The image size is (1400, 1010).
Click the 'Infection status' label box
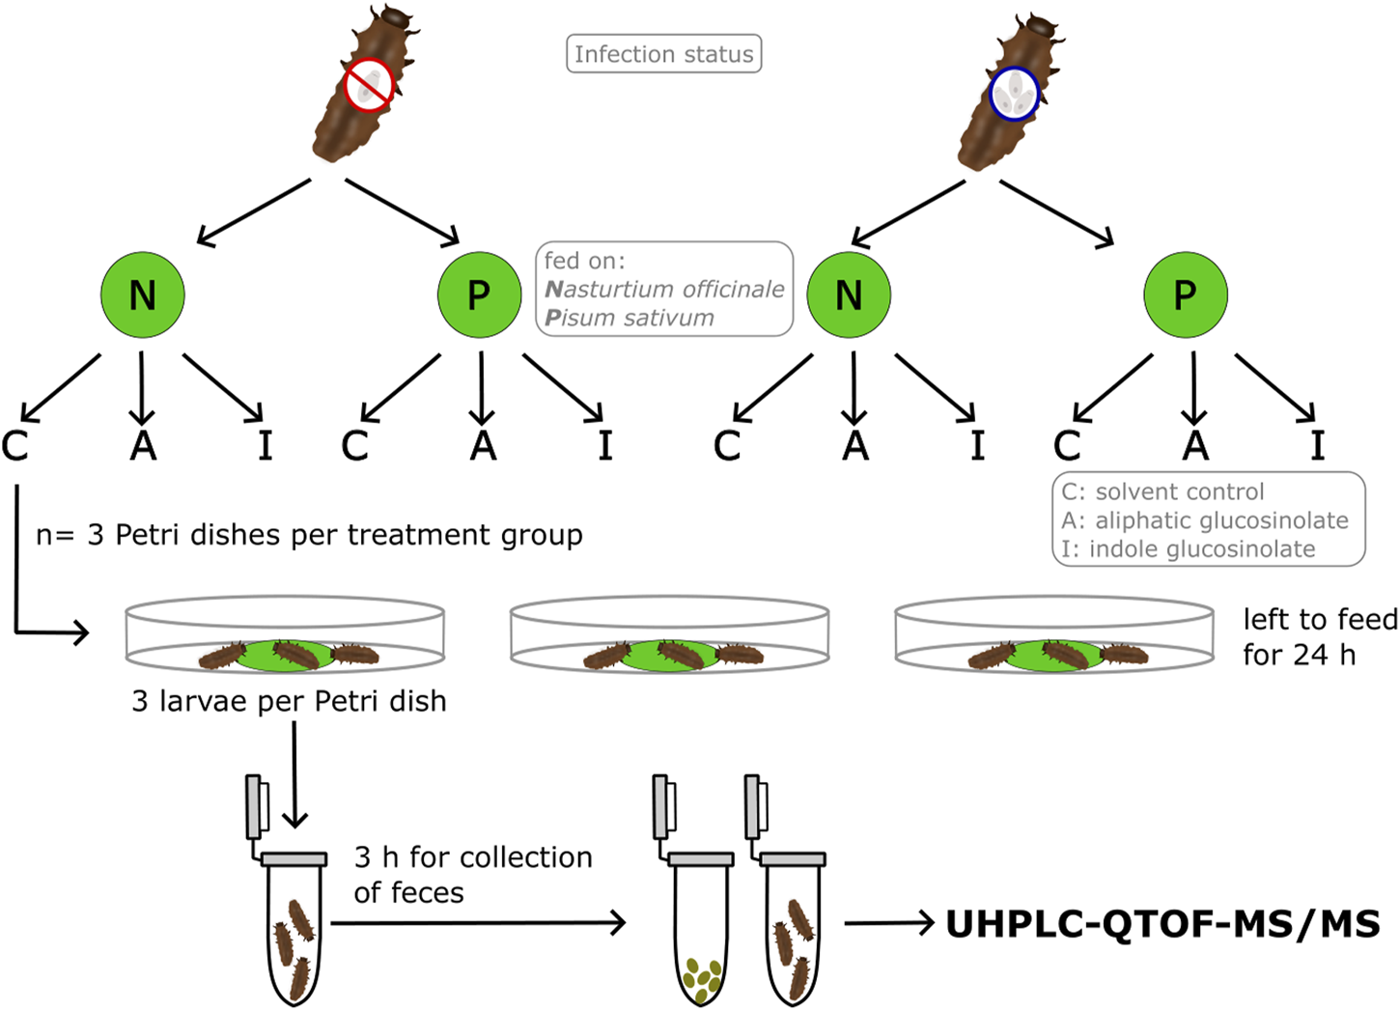click(663, 54)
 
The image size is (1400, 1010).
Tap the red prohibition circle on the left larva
click(369, 85)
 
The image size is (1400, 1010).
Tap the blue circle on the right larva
click(1014, 94)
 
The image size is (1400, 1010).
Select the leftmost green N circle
click(143, 295)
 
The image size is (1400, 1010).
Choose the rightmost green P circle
click(1185, 295)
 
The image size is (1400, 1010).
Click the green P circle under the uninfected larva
click(479, 295)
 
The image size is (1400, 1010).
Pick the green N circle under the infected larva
click(849, 295)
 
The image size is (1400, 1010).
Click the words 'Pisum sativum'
click(630, 318)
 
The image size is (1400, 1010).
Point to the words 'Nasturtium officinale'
click(664, 289)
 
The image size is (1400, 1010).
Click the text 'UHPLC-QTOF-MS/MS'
click(1162, 924)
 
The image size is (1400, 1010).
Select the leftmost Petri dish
click(285, 635)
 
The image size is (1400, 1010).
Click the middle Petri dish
click(669, 635)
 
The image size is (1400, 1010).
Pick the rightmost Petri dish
click(1053, 635)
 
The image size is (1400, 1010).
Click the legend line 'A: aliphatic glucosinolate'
click(1205, 520)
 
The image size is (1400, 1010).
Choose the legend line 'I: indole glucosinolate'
click(1188, 549)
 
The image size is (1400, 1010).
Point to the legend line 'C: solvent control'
click(1162, 491)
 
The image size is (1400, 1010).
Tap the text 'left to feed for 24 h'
click(1319, 636)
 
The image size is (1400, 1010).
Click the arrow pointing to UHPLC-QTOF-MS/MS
click(888, 924)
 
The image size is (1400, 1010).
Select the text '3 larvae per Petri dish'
click(289, 700)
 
